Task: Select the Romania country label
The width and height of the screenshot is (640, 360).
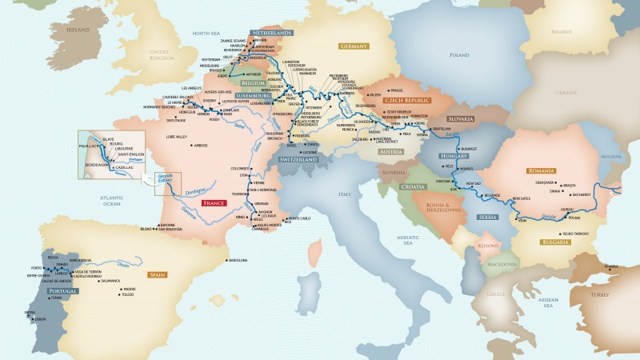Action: coord(542,170)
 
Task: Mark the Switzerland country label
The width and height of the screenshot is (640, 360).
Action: coord(300,160)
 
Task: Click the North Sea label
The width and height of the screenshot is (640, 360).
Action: coord(206,33)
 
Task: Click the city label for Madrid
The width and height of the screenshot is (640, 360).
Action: coord(130,289)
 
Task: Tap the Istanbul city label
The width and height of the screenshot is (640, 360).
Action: coord(612,266)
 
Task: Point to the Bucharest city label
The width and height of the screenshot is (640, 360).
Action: coord(581,194)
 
